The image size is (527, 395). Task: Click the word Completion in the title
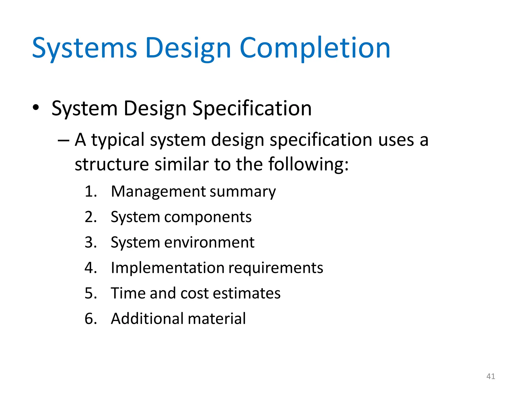point(315,48)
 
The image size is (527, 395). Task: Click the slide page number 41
point(491,376)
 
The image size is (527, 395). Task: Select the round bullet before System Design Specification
point(36,107)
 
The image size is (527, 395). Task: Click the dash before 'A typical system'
point(63,140)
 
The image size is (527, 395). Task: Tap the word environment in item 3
point(209,243)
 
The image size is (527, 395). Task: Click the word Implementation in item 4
point(168,268)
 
